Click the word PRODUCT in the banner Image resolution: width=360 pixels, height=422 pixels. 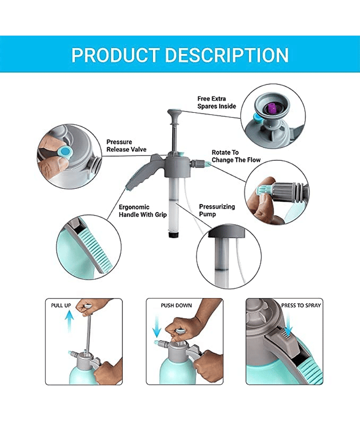[x=115, y=55]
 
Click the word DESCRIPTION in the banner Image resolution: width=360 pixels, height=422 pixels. [x=227, y=55]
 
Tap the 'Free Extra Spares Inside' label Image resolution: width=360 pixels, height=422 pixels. [x=217, y=102]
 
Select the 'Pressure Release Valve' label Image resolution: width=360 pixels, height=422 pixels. [x=127, y=146]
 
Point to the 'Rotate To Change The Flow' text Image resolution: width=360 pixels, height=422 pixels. [x=236, y=156]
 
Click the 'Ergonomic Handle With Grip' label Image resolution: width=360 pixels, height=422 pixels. [x=143, y=210]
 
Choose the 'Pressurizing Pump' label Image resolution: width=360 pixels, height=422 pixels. [x=217, y=210]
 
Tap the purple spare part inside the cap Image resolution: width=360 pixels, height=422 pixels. [x=272, y=108]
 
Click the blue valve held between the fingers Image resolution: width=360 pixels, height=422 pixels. [x=65, y=152]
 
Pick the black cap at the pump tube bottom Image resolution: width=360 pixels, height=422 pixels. [x=174, y=235]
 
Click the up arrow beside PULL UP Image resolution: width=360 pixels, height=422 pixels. [x=70, y=321]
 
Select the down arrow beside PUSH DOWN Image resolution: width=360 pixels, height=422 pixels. [x=157, y=327]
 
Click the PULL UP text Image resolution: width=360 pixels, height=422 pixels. [x=61, y=305]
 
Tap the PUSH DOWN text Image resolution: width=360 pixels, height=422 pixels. [x=177, y=305]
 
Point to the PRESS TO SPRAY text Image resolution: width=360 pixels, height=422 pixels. [x=301, y=305]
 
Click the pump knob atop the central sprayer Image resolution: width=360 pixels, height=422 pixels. [x=174, y=112]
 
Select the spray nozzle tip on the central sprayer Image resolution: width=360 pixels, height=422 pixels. [x=207, y=163]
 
